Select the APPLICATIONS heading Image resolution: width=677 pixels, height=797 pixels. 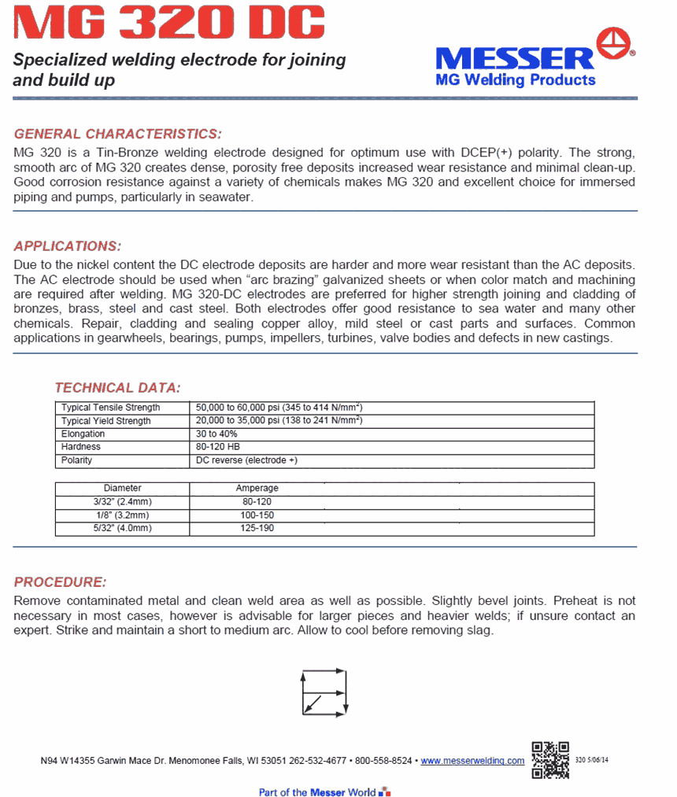(x=68, y=245)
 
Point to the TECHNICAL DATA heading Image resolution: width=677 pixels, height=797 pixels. (x=117, y=387)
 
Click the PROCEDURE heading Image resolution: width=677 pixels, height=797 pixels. (x=60, y=582)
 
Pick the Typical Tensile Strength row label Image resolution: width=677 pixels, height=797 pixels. (x=111, y=408)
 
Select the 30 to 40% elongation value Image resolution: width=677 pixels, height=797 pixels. (x=216, y=434)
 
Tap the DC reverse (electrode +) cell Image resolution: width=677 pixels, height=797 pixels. (x=246, y=460)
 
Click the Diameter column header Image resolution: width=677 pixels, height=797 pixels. (x=122, y=489)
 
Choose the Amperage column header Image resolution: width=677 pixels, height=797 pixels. (x=257, y=489)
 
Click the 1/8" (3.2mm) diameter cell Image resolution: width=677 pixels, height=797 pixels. (x=122, y=515)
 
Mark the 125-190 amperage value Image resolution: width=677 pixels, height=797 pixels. (x=257, y=528)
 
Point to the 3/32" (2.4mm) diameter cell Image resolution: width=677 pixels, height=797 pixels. (x=122, y=501)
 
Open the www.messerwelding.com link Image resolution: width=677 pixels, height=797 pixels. (x=472, y=761)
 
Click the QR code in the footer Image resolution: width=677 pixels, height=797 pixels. (x=550, y=760)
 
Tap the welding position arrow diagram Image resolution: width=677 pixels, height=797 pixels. (x=324, y=692)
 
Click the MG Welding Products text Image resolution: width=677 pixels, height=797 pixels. (x=516, y=79)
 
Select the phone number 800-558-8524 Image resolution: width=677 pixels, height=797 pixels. (x=383, y=761)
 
